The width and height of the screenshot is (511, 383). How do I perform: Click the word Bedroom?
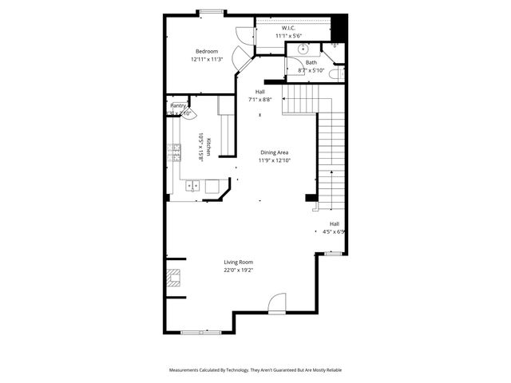(207, 51)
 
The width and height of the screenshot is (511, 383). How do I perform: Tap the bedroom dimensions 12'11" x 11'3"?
(207, 59)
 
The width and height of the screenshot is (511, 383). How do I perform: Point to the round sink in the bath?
(303, 49)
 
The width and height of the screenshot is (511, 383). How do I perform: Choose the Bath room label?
(311, 62)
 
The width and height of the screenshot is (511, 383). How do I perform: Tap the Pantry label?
(178, 105)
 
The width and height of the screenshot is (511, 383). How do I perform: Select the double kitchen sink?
(193, 186)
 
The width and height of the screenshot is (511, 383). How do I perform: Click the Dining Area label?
(274, 152)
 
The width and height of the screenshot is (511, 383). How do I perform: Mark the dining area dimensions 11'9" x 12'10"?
(274, 160)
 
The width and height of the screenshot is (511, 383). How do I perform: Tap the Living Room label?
(238, 262)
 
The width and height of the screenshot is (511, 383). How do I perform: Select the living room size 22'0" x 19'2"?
(238, 270)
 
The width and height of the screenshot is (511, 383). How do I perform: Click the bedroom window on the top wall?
(211, 11)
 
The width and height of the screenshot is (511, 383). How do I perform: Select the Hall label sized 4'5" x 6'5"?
(335, 232)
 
